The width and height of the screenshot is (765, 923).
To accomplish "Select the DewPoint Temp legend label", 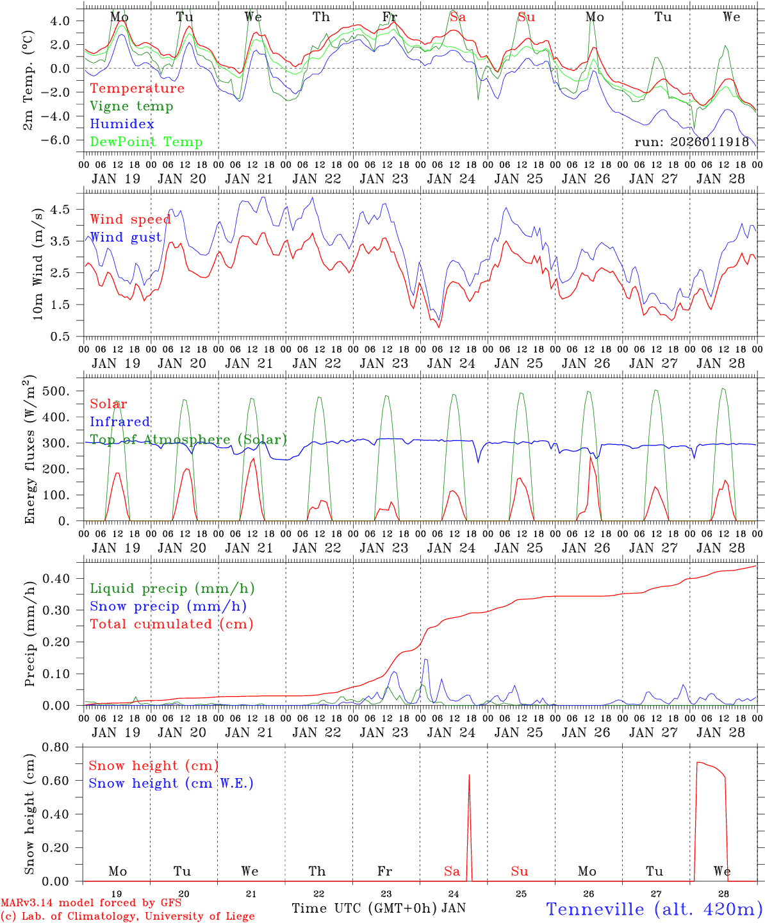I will [x=146, y=142].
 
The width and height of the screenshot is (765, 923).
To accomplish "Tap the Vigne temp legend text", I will [x=131, y=106].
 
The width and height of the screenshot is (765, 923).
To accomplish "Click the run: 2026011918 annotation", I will [x=691, y=142].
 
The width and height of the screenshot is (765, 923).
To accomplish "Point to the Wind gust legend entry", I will [x=126, y=237].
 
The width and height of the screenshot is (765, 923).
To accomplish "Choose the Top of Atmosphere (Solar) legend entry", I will [x=188, y=440].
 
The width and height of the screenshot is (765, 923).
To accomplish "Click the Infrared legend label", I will [x=120, y=422].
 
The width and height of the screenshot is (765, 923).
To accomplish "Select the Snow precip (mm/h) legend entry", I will [x=168, y=606].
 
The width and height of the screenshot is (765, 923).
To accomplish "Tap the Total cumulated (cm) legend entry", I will [x=171, y=624].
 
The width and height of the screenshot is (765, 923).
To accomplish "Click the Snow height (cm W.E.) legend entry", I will [x=170, y=783].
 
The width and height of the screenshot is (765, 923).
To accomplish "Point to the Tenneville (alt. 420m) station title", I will [x=654, y=909].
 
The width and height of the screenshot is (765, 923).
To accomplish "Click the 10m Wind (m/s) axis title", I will [x=37, y=263].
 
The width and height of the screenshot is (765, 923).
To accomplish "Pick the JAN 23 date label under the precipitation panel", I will [x=384, y=733].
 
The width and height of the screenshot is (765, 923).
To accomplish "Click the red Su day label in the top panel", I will [x=526, y=17].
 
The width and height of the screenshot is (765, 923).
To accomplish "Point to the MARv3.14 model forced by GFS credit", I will [x=91, y=904].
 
